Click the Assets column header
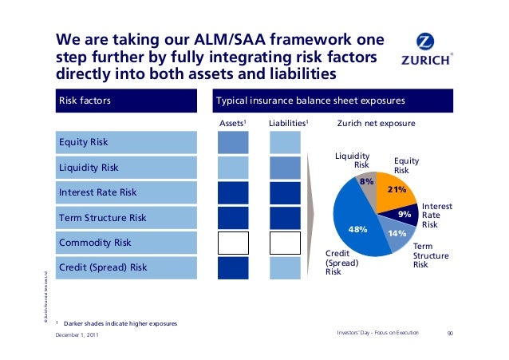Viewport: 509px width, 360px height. click(232, 123)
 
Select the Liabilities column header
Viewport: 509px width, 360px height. click(288, 123)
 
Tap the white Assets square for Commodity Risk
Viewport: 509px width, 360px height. click(233, 242)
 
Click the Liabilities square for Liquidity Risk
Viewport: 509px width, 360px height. click(285, 168)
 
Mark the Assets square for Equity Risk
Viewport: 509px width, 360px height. click(233, 143)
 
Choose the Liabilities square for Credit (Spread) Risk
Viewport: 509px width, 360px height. click(285, 267)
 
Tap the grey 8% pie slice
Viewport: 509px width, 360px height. click(367, 183)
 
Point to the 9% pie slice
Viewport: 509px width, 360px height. click(405, 215)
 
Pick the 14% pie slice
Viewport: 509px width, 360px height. click(396, 235)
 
